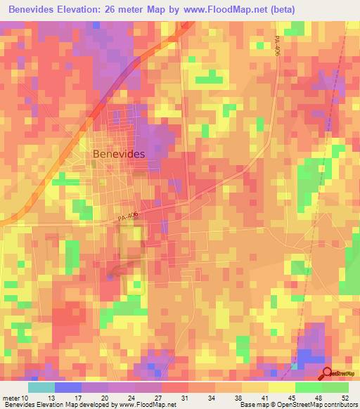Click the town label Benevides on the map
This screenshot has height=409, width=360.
point(119,153)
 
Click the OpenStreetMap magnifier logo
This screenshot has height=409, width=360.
point(328,374)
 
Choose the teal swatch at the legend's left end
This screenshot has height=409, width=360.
point(41,387)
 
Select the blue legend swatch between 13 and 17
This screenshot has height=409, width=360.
point(68,387)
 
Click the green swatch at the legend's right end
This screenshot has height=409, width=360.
point(335,387)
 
